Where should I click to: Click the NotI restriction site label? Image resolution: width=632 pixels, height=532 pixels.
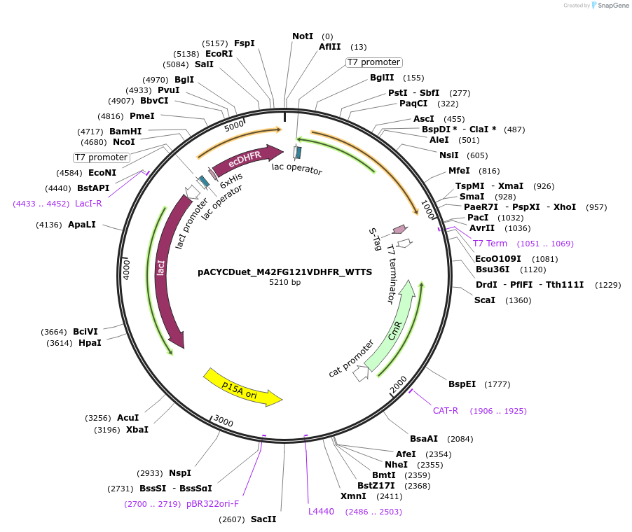(303, 36)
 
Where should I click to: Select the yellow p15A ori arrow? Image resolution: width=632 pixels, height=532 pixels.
(242, 387)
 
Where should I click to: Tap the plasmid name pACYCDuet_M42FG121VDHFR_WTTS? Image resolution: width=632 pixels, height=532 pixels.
(284, 272)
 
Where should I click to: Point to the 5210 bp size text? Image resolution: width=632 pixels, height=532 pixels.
(284, 283)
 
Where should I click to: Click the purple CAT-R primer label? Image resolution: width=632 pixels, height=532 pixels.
(446, 411)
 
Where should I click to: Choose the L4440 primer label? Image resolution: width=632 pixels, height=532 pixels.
(322, 512)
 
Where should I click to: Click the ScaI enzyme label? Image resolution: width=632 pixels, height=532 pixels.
(485, 300)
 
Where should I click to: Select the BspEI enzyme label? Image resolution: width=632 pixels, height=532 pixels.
(462, 384)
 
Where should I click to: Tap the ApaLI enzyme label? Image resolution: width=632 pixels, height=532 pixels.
(82, 225)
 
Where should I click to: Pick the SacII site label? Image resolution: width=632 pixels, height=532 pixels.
(263, 519)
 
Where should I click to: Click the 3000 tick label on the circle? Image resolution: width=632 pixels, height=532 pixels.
(224, 421)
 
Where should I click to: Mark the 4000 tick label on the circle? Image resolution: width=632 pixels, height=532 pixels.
(127, 269)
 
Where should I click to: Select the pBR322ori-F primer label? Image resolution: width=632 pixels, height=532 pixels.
(213, 504)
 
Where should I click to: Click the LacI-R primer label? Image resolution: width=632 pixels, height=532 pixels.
(88, 204)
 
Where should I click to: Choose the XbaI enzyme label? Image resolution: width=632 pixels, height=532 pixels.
(137, 430)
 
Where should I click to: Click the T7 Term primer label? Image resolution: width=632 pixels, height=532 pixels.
(490, 244)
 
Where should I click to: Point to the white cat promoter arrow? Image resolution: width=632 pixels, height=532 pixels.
(361, 374)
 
